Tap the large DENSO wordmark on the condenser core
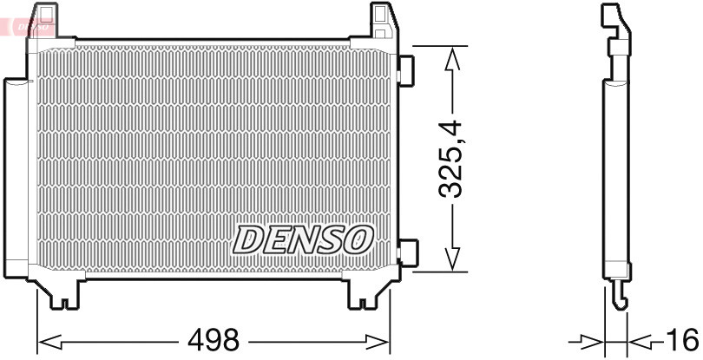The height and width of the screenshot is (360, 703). (303, 239)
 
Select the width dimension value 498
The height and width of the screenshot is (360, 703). (214, 340)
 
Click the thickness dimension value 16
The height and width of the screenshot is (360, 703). (683, 338)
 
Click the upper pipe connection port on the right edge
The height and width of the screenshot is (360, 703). (405, 69)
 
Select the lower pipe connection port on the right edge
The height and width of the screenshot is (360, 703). (405, 252)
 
